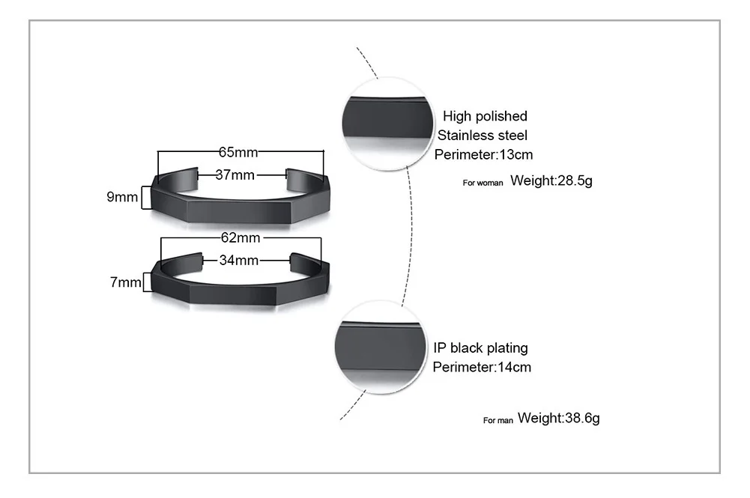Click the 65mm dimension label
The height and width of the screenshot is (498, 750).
[x=238, y=152]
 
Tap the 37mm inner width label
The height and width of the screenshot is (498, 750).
[x=235, y=175]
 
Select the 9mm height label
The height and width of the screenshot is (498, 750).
[x=122, y=198]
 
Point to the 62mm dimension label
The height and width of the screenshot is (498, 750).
[x=240, y=238]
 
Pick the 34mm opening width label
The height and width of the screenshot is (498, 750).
[x=238, y=261]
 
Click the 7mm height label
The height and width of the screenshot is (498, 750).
[x=125, y=282]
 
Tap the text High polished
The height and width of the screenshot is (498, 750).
[x=485, y=116]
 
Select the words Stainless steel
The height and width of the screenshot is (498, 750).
[x=483, y=136]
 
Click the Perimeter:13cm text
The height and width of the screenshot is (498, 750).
[x=483, y=155]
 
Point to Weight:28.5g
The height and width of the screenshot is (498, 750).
[x=551, y=180]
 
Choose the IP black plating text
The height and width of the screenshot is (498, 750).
[x=480, y=347]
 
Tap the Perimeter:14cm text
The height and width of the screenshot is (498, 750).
[x=482, y=367]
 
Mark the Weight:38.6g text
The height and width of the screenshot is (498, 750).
[x=558, y=418]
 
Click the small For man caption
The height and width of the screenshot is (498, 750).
[x=498, y=421]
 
